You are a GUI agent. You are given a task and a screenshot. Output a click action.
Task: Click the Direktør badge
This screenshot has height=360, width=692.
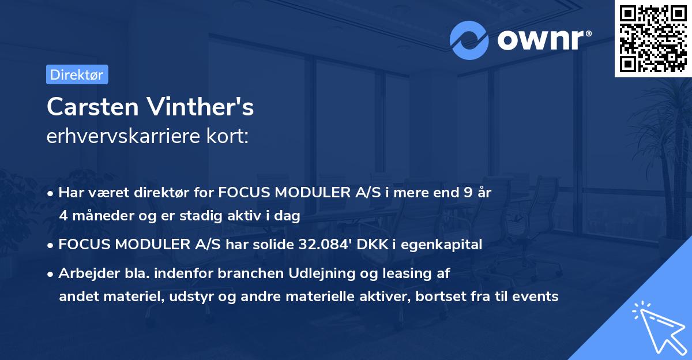[77, 74]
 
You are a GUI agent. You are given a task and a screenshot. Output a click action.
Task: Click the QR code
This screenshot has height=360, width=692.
[652, 38]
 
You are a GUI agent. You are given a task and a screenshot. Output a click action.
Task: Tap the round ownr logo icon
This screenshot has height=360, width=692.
[469, 40]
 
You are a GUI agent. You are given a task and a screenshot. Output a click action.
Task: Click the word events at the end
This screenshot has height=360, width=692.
[537, 297]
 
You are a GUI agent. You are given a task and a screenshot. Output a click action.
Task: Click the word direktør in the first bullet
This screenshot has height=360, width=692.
[174, 193]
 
